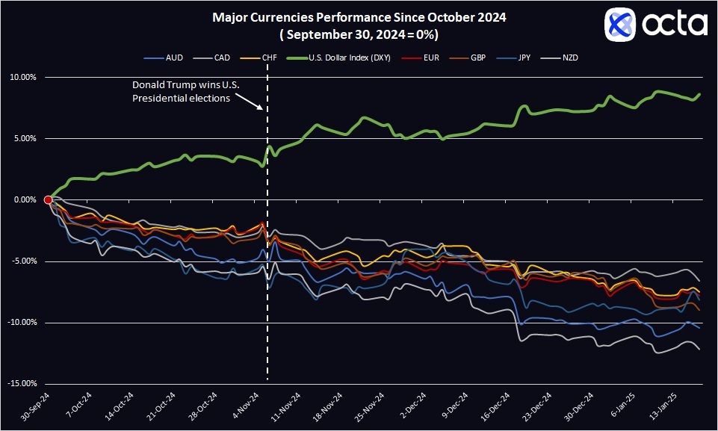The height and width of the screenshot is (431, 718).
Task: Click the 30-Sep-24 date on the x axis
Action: point(35,406)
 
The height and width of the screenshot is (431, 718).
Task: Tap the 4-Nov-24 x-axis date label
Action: point(247,406)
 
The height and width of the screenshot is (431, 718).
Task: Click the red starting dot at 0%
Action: point(49,199)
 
